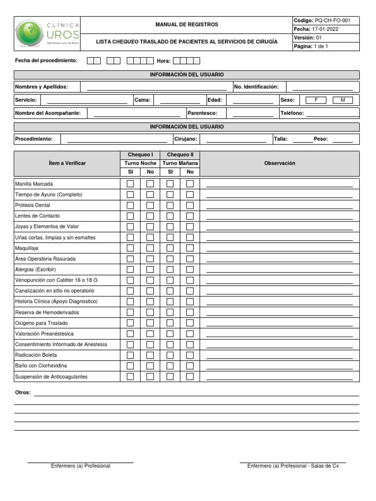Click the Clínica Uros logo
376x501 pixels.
(x=47, y=34)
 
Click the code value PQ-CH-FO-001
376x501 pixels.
(x=332, y=21)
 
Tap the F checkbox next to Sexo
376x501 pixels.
(x=316, y=100)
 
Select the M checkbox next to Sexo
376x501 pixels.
(x=343, y=100)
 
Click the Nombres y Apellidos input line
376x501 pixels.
(x=156, y=88)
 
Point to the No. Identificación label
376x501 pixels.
(x=257, y=87)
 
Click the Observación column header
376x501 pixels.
(x=280, y=163)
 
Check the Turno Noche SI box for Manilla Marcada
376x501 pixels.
(x=130, y=184)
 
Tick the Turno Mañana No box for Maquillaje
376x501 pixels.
(x=190, y=248)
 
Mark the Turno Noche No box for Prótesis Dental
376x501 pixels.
(x=150, y=205)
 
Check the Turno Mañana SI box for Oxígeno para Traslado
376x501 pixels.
(x=170, y=323)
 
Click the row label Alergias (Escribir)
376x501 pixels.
(x=36, y=270)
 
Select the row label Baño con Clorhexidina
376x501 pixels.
(x=41, y=366)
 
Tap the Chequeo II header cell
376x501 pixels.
(x=180, y=155)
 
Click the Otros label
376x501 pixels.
(x=23, y=392)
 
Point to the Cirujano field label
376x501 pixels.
(x=186, y=139)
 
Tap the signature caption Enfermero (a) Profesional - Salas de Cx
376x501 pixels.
(x=293, y=466)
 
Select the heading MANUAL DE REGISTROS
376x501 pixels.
(x=187, y=24)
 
